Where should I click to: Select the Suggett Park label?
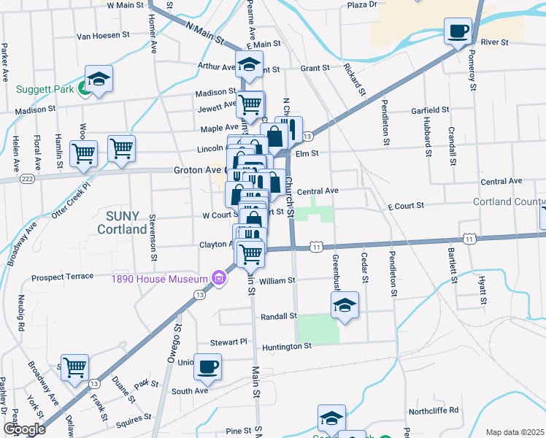[45, 90]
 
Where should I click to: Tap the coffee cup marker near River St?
[458, 31]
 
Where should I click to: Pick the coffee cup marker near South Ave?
[208, 366]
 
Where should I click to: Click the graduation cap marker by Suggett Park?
[99, 79]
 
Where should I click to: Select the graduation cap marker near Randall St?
[345, 304]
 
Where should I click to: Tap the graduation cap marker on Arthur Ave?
[249, 64]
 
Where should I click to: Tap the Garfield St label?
[429, 110]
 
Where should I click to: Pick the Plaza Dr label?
[361, 4]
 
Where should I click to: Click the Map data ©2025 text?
[515, 432]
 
